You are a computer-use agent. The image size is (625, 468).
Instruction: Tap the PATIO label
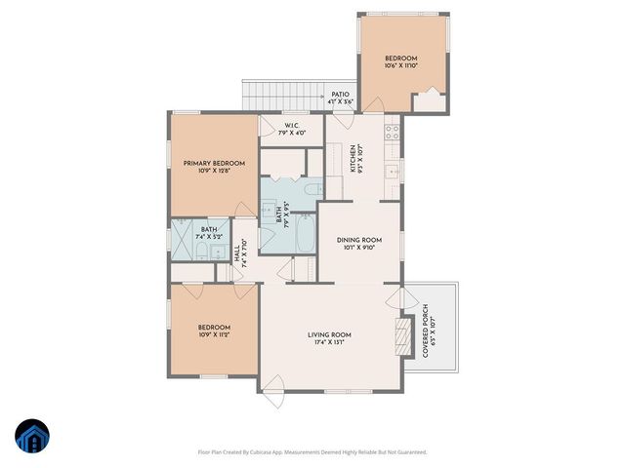(x=340, y=95)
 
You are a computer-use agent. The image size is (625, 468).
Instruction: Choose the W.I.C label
(x=291, y=126)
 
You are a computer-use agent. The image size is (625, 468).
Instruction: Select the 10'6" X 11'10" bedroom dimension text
(x=400, y=66)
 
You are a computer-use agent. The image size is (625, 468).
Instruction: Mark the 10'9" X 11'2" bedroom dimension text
(x=214, y=334)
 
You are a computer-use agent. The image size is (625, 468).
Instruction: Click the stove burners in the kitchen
(x=393, y=130)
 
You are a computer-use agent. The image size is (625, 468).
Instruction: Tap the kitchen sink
(x=392, y=172)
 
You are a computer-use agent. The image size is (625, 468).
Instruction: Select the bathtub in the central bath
(x=303, y=233)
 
